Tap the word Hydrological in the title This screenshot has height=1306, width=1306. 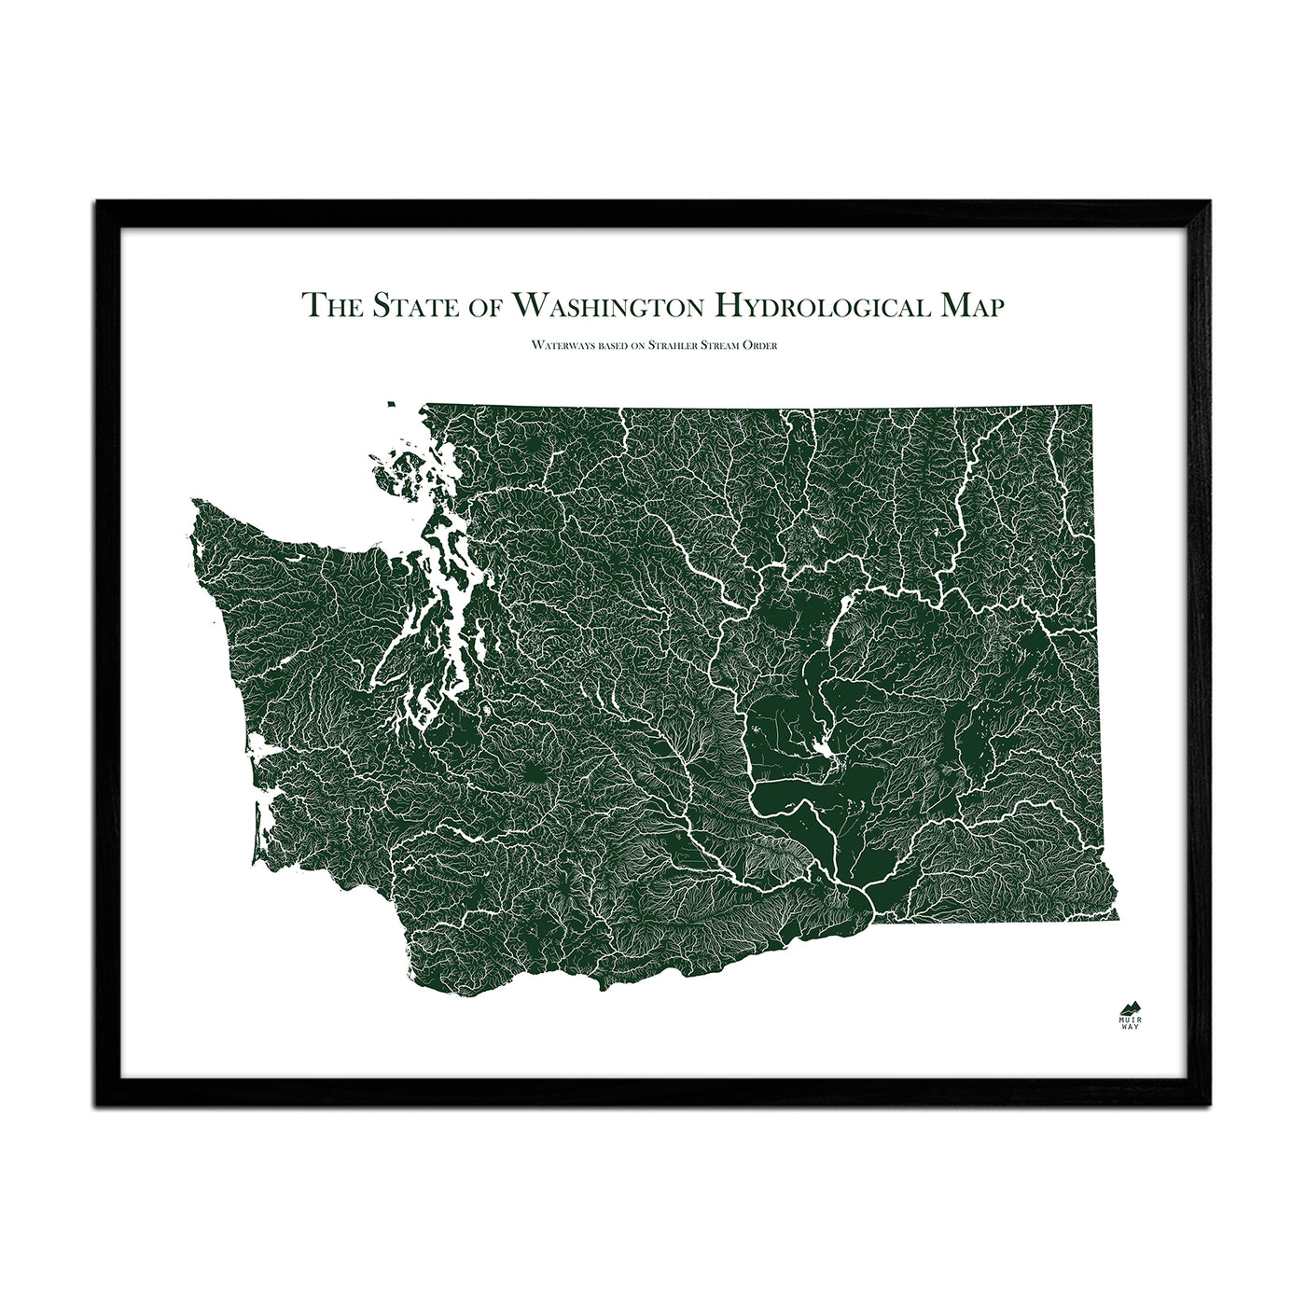click(823, 305)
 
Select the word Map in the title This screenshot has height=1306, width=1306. click(972, 305)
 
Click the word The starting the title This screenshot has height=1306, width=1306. click(332, 305)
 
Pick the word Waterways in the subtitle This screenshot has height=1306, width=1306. click(557, 345)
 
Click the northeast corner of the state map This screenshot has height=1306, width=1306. click(1091, 407)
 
